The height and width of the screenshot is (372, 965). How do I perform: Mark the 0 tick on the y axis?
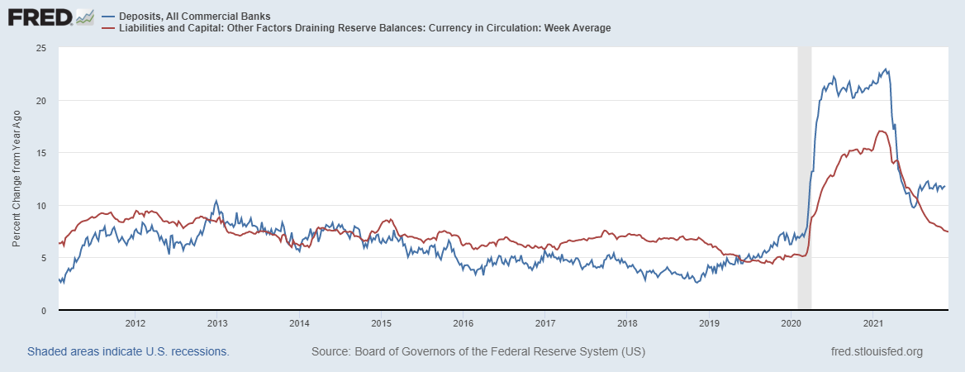(x=42, y=310)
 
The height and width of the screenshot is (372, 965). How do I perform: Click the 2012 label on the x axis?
(x=135, y=322)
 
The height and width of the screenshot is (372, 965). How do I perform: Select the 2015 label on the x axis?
(x=382, y=322)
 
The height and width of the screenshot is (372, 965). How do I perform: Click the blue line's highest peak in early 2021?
(x=886, y=69)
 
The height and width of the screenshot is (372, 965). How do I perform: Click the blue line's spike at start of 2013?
(x=216, y=200)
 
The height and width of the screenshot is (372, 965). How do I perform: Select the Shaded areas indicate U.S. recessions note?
(x=128, y=351)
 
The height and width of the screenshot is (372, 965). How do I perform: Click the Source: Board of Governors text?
(x=478, y=351)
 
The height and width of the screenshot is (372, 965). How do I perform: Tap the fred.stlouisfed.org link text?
(x=876, y=351)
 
